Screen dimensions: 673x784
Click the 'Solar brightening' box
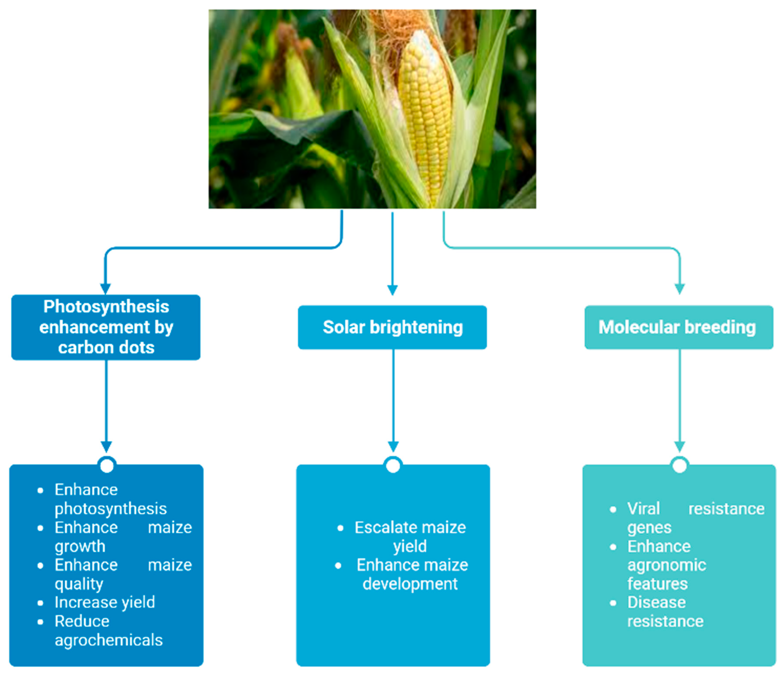392,327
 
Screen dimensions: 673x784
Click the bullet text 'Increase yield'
105,602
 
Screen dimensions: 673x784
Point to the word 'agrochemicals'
109,640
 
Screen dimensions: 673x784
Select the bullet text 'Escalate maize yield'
410,536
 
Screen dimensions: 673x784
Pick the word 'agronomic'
667,565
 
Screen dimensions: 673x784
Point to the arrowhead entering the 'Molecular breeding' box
680,289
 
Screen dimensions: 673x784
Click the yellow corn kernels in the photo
426,113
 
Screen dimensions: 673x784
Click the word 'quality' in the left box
79,584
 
